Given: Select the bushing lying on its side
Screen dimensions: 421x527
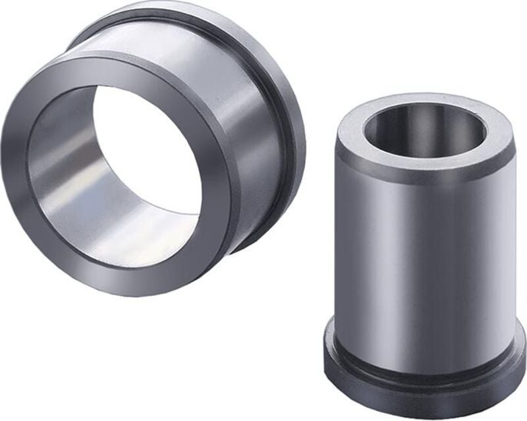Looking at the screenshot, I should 152,145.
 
